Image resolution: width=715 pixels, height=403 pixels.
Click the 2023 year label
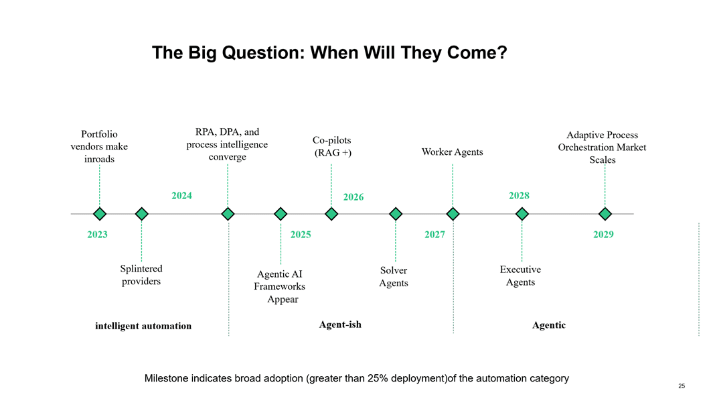[x=97, y=235]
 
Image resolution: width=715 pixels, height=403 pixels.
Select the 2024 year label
[x=181, y=196]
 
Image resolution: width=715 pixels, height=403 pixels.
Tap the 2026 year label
[x=353, y=197]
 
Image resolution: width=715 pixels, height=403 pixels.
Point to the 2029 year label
[x=603, y=235]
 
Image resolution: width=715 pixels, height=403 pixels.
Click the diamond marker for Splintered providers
[x=142, y=214]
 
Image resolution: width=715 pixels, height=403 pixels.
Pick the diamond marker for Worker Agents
[x=453, y=214]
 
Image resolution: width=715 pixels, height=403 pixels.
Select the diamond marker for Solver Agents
[x=396, y=214]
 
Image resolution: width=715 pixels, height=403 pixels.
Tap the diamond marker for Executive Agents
[x=522, y=214]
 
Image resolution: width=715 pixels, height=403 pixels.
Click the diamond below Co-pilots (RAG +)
[x=331, y=214]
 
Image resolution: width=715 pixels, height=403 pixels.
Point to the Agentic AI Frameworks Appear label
[x=280, y=286]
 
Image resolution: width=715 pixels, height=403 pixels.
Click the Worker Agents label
[x=453, y=152]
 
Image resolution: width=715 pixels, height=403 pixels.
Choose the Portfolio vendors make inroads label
[x=99, y=147]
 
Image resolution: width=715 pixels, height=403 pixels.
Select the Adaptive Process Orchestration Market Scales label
[x=603, y=147]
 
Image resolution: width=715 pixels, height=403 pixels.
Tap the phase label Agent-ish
[x=340, y=325]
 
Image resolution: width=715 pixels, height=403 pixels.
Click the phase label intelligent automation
[x=143, y=326]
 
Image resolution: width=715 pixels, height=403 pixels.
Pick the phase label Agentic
[x=549, y=325]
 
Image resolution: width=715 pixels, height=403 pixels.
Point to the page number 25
[x=682, y=386]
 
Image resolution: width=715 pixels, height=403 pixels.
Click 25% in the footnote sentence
[x=378, y=378]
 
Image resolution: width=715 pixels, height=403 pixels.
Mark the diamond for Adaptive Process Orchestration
[x=605, y=214]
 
